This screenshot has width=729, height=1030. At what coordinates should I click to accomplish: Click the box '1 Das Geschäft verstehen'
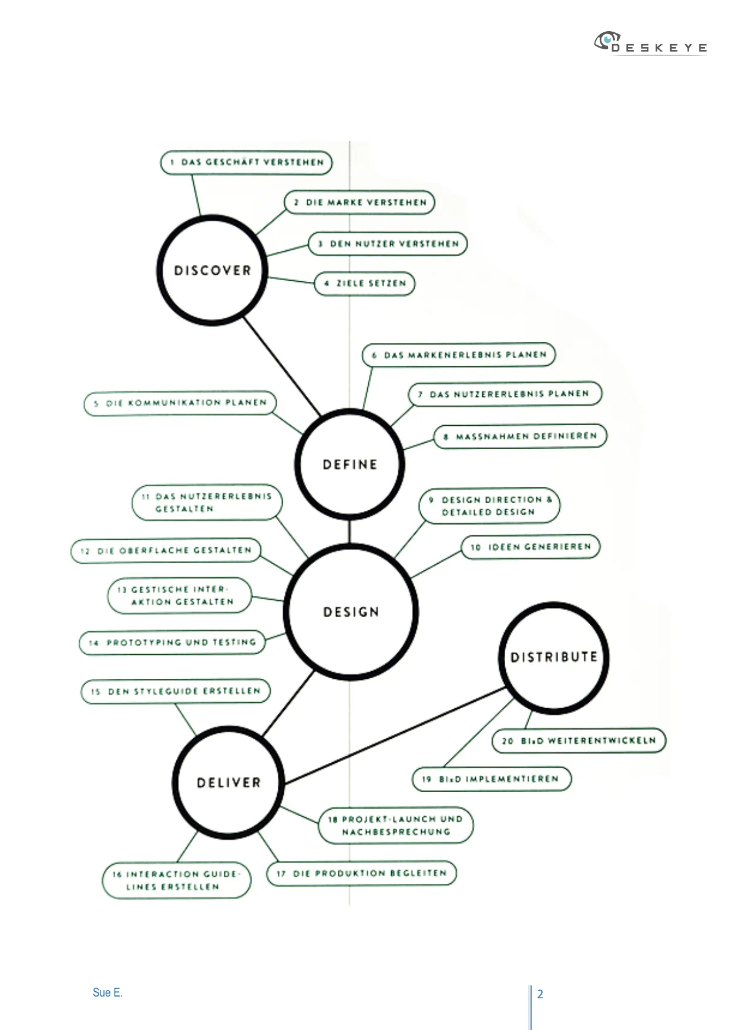tap(246, 163)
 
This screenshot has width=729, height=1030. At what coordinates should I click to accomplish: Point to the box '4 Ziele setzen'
tap(365, 284)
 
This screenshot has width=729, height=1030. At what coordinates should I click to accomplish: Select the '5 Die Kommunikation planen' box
tap(180, 403)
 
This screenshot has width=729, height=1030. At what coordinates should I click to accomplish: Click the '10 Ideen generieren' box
tap(531, 547)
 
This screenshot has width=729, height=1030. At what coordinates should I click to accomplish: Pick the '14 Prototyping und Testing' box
tap(172, 642)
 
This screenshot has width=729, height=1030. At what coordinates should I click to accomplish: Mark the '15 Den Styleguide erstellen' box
tap(176, 691)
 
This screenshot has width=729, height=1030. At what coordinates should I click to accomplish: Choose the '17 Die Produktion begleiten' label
tap(362, 873)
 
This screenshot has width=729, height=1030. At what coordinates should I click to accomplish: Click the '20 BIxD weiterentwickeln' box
tap(579, 740)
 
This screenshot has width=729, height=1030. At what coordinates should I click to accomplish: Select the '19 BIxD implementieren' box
tap(492, 779)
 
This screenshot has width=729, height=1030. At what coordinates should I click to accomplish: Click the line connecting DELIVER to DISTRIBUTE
tap(395, 735)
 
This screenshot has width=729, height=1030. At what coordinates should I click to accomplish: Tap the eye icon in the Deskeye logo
tap(607, 41)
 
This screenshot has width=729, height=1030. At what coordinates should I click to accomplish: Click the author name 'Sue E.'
tap(107, 992)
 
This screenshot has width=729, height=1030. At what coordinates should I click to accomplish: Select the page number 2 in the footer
tap(540, 994)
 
